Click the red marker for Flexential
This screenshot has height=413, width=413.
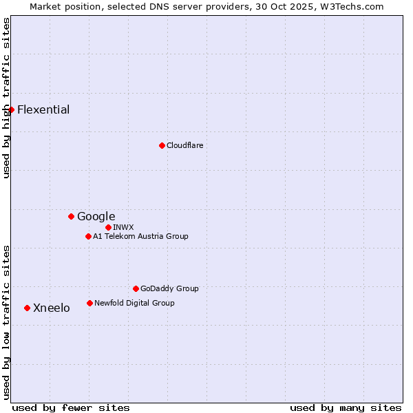pyautogui.click(x=11, y=109)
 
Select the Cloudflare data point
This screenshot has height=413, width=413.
pyautogui.click(x=162, y=145)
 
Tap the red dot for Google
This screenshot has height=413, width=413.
pyautogui.click(x=71, y=216)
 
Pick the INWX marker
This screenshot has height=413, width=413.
pyautogui.click(x=108, y=227)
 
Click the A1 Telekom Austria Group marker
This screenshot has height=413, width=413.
pyautogui.click(x=88, y=236)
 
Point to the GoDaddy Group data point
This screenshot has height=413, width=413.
pyautogui.click(x=136, y=288)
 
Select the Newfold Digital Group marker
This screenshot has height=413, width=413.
pyautogui.click(x=89, y=303)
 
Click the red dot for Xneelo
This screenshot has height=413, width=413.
pyautogui.click(x=27, y=308)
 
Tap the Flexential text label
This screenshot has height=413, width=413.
pyautogui.click(x=43, y=109)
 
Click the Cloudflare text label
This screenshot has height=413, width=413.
pyautogui.click(x=184, y=145)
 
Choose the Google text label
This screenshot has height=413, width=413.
pyautogui.click(x=96, y=216)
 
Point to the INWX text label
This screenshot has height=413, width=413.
pyautogui.click(x=123, y=227)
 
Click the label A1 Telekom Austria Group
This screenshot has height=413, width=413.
pyautogui.click(x=140, y=236)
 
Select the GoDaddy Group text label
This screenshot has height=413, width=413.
pyautogui.click(x=169, y=288)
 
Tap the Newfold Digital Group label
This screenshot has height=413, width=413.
pyautogui.click(x=134, y=303)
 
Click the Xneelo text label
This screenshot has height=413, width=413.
pyautogui.click(x=51, y=308)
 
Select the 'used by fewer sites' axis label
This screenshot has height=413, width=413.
pyautogui.click(x=71, y=407)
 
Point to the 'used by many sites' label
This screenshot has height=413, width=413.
pyautogui.click(x=346, y=407)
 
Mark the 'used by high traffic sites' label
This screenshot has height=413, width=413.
pyautogui.click(x=7, y=98)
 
